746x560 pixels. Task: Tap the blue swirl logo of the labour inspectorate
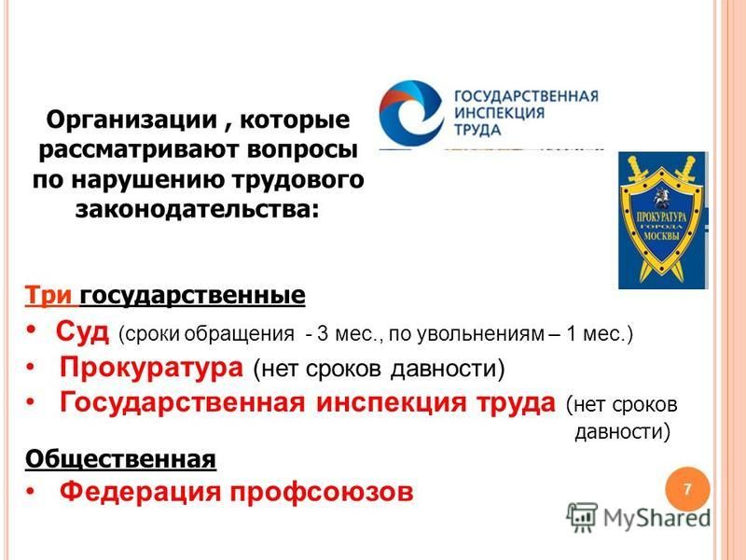coord(409,113)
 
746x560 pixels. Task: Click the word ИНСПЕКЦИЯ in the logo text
coord(499,113)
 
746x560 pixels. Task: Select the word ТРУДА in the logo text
coord(477,130)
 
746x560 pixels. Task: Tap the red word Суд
coord(82,331)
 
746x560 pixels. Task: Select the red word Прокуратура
coord(151,367)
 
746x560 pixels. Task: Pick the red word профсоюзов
coord(322,492)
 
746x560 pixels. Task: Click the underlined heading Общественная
coord(121,459)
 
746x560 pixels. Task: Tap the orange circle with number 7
coord(687,489)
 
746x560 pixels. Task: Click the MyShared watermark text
coord(656,518)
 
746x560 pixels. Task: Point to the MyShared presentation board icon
coord(582,517)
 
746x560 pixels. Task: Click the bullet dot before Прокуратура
coord(31,368)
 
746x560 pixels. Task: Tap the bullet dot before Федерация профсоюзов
coord(31,492)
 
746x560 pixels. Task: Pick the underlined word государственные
coord(193,295)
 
